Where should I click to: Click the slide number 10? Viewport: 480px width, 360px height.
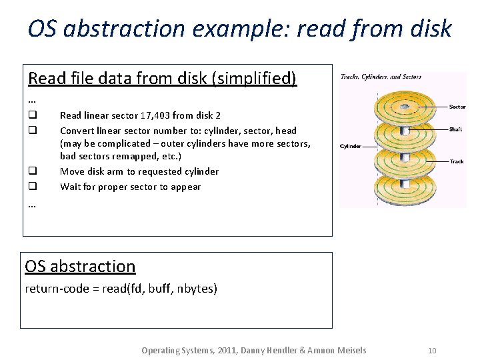pos(432,351)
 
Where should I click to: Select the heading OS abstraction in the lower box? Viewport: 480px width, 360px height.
pos(80,266)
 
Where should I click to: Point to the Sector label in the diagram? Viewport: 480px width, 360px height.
pos(457,107)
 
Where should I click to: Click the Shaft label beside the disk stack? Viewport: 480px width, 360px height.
pos(457,129)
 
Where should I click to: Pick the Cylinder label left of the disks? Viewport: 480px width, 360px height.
pos(351,146)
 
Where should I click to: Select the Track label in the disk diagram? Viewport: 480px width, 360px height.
pos(457,161)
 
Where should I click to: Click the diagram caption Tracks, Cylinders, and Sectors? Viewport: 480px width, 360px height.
pos(381,77)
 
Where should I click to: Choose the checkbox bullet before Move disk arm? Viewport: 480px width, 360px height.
pos(31,171)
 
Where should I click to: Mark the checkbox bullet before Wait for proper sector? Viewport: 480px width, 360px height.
pos(31,187)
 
